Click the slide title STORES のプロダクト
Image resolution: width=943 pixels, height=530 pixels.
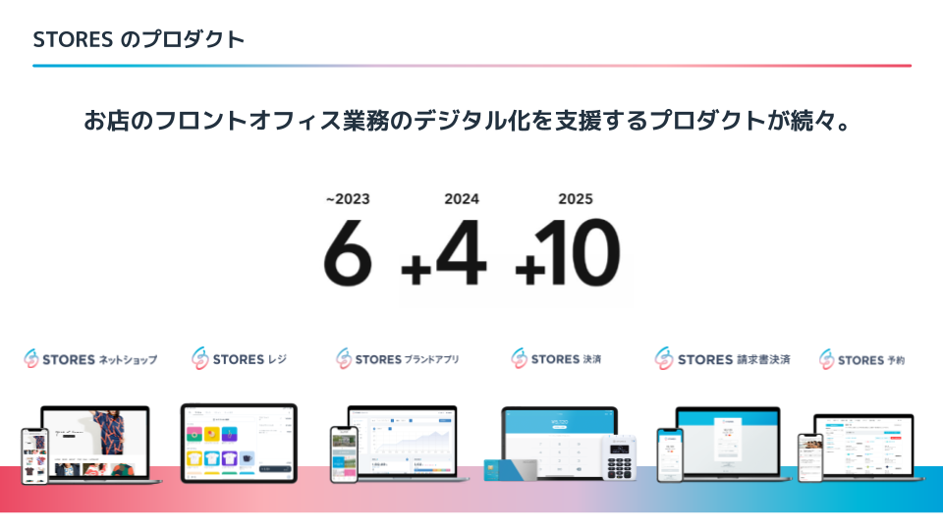[x=139, y=40]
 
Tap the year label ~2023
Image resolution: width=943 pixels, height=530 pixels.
[x=349, y=199]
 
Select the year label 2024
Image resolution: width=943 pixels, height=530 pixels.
[x=462, y=199]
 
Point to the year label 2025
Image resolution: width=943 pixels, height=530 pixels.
[x=576, y=199]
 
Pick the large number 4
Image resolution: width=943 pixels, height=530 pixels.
[x=461, y=253]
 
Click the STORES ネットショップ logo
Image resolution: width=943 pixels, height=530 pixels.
[x=90, y=359]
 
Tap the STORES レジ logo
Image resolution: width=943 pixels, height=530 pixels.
[x=240, y=359]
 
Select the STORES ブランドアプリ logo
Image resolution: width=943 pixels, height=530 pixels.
[x=397, y=359]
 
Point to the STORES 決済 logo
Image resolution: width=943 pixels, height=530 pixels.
[x=556, y=359]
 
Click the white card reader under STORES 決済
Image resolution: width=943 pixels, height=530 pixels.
[x=618, y=457]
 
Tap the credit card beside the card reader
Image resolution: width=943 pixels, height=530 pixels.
[x=512, y=471]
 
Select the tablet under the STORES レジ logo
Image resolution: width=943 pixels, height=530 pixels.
[x=239, y=442]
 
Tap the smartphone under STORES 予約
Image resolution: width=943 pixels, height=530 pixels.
[x=809, y=456]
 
